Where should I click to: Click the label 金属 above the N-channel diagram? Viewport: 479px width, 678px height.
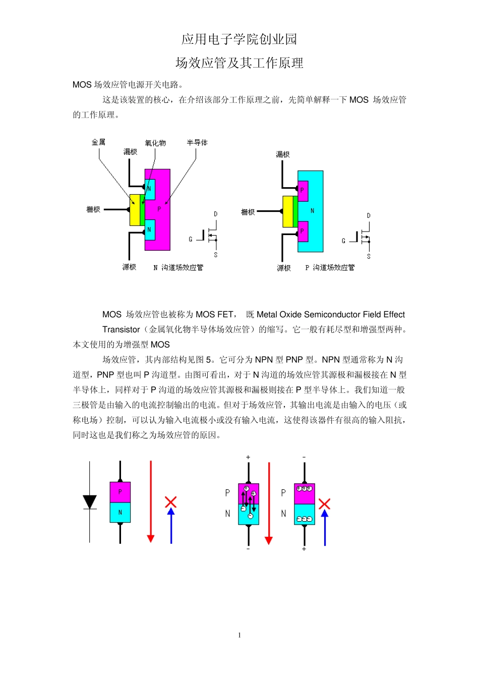[98, 142]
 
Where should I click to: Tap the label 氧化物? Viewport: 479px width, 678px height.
[155, 143]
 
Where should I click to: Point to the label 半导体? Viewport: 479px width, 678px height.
[197, 143]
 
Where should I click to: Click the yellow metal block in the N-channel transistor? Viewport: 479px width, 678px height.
[135, 210]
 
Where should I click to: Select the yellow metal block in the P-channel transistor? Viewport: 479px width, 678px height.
[287, 212]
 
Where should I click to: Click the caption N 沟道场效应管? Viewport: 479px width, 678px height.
[178, 267]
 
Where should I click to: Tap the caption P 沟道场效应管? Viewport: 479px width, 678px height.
[330, 267]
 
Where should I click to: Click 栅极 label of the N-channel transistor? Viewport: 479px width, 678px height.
[93, 209]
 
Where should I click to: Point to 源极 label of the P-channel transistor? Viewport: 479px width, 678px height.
[284, 268]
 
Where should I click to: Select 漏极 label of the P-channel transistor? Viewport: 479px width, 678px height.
[283, 154]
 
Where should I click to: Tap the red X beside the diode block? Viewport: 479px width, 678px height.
[171, 502]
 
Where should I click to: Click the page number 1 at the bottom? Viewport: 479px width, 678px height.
[239, 635]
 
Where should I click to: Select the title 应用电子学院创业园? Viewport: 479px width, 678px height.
[239, 39]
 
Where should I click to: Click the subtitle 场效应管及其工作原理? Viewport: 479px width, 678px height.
[239, 63]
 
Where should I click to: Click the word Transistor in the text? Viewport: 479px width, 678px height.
[121, 329]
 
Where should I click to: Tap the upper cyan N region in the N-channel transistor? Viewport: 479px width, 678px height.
[149, 189]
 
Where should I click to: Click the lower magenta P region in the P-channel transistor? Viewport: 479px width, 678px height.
[303, 232]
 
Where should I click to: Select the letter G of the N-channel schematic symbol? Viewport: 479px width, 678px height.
[191, 239]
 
